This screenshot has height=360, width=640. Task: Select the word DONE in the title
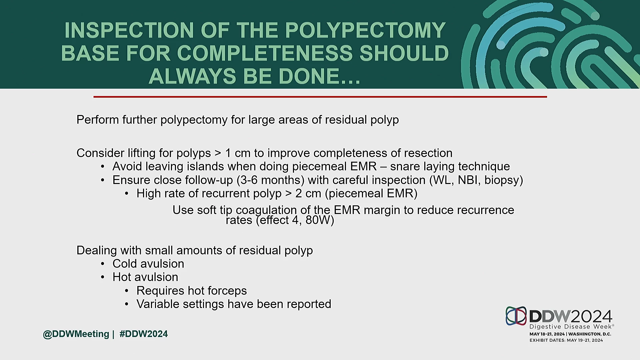(x=308, y=76)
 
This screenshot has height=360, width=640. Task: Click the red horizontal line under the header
(x=320, y=97)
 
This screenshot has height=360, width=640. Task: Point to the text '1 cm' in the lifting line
(x=238, y=153)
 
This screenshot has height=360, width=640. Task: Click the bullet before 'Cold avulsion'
(x=103, y=264)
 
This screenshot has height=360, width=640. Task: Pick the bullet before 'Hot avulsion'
(x=103, y=277)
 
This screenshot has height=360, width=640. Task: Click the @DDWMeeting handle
(x=76, y=334)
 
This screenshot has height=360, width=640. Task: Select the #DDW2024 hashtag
(x=144, y=334)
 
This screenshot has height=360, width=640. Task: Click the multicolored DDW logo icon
(x=516, y=316)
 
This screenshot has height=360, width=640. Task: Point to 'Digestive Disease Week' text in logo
(x=571, y=327)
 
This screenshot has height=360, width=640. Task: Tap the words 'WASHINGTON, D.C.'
(x=590, y=334)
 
